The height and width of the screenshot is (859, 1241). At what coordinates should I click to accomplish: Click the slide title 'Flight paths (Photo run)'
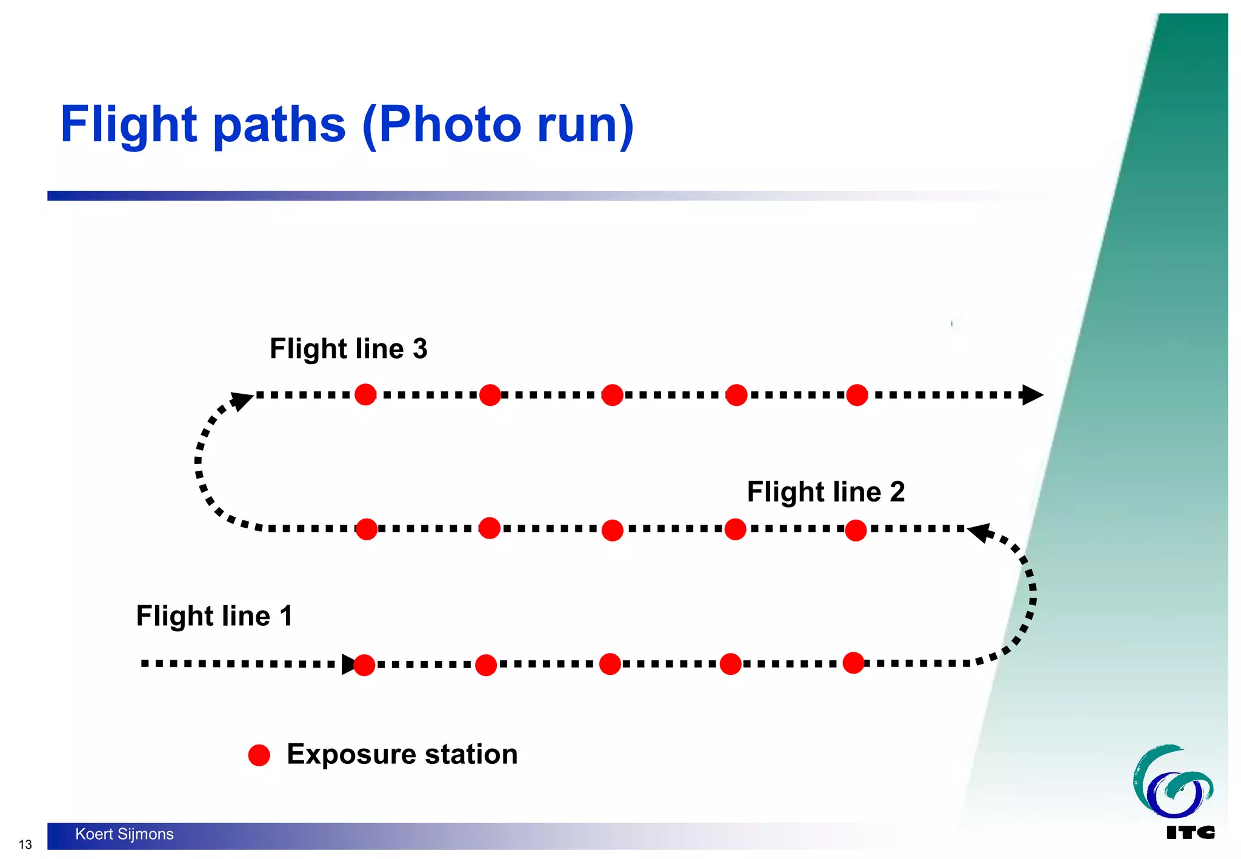(x=347, y=125)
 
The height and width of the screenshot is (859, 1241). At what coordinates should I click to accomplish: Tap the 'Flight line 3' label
(x=348, y=349)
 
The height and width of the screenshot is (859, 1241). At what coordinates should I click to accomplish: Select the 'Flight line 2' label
(x=825, y=491)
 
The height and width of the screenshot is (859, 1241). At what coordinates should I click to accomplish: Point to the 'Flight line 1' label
(x=215, y=616)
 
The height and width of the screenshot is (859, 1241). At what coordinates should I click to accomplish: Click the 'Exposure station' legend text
(x=402, y=754)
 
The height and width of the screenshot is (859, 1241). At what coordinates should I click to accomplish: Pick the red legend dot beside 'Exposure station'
(x=259, y=755)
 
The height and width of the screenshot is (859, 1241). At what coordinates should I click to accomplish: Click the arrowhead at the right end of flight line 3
(x=1032, y=395)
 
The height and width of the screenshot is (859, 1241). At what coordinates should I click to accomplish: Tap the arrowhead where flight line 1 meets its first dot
(x=348, y=664)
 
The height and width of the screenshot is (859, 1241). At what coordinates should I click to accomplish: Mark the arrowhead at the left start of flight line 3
(x=243, y=400)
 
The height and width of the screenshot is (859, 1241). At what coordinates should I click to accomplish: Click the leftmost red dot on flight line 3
(x=365, y=394)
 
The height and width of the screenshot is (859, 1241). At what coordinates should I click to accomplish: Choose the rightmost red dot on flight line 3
(x=857, y=395)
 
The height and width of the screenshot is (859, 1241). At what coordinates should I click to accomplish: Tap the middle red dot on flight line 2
(x=613, y=530)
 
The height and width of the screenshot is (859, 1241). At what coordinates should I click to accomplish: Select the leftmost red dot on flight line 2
(x=367, y=529)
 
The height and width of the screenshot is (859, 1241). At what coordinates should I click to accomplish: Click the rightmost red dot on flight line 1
(x=853, y=663)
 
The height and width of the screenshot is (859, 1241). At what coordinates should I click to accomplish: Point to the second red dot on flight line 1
(x=486, y=665)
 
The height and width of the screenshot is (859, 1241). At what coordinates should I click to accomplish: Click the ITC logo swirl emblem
(x=1171, y=782)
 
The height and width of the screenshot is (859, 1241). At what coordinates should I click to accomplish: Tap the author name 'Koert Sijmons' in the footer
(x=124, y=834)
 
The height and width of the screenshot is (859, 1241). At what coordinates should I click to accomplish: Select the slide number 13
(x=25, y=844)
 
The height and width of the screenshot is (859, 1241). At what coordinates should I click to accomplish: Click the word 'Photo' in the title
(x=450, y=125)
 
